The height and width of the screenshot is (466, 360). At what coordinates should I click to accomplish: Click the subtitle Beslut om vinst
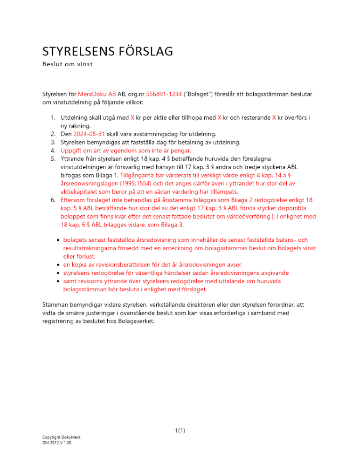tap(67, 64)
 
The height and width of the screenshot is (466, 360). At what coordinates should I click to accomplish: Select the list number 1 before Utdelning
tap(53, 117)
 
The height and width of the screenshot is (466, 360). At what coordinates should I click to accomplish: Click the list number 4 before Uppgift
tap(53, 151)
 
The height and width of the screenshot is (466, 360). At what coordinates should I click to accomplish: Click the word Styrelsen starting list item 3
tap(75, 142)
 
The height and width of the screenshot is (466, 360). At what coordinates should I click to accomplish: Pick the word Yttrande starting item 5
tap(74, 159)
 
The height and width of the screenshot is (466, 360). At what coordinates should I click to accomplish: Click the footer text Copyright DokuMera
tap(61, 438)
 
